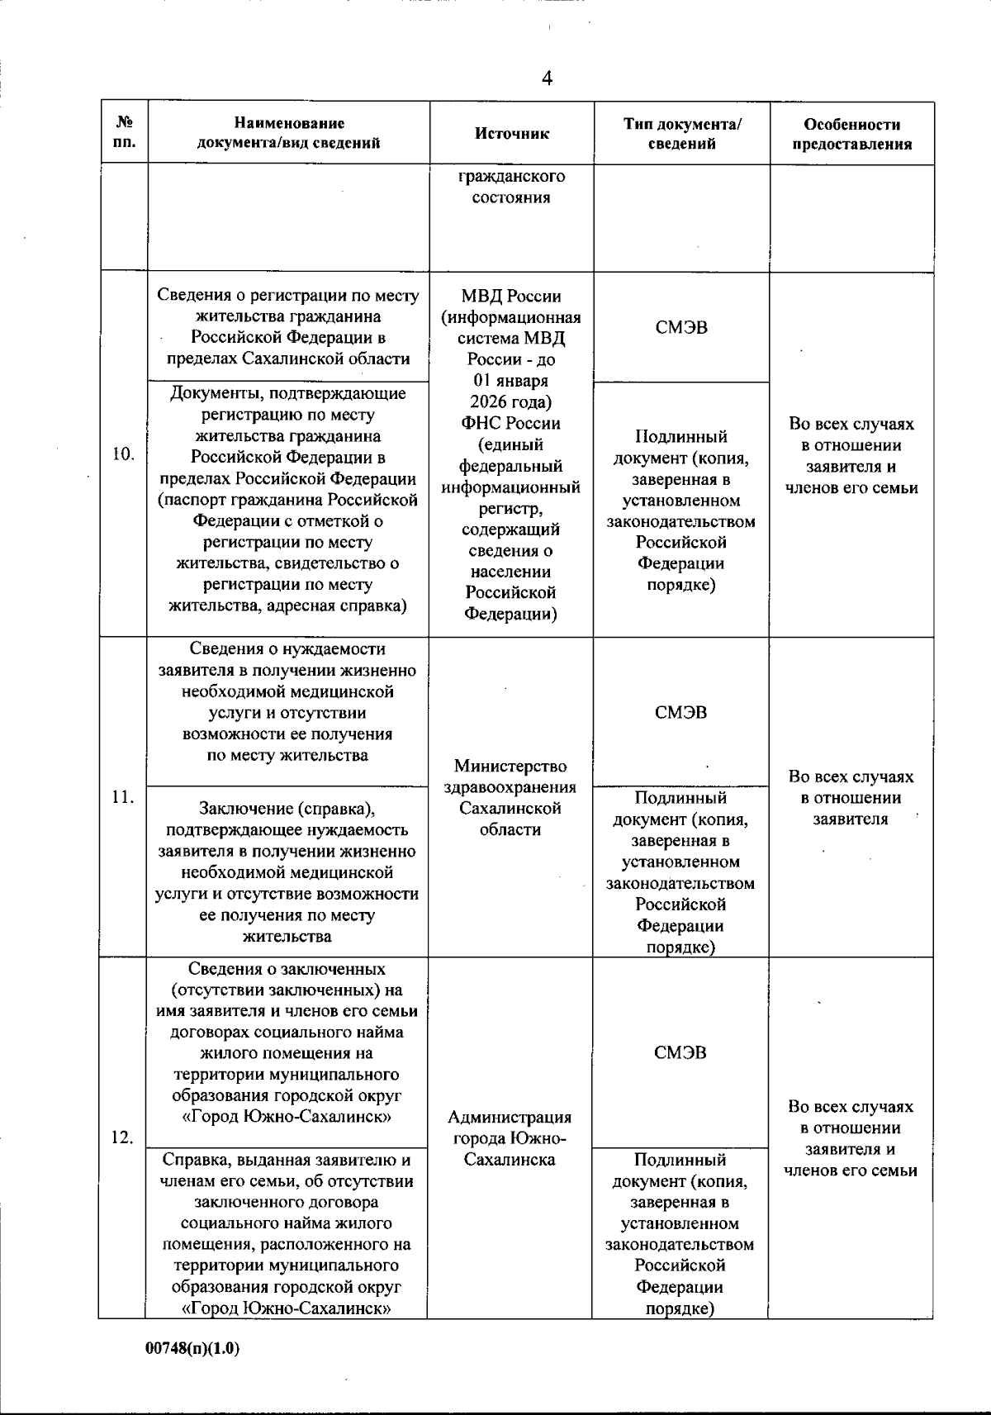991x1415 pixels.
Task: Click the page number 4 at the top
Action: tap(547, 78)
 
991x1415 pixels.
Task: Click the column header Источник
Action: tap(512, 134)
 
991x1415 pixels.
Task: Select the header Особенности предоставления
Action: tap(851, 134)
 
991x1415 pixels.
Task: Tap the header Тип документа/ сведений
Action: tap(682, 134)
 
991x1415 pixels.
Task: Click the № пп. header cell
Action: tap(124, 134)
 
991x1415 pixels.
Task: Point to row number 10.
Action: tap(123, 453)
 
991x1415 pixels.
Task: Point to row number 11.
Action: tap(123, 797)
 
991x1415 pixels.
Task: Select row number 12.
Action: tap(123, 1137)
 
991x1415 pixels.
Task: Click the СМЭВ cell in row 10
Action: tap(681, 327)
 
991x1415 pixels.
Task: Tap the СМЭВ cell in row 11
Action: tap(681, 712)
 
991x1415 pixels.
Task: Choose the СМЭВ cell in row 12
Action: tap(680, 1052)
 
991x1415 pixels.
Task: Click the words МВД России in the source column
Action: tap(511, 297)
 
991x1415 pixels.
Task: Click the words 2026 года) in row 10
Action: tap(511, 402)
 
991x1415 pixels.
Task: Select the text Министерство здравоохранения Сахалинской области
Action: tap(510, 798)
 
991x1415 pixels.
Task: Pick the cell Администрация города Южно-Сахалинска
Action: tap(510, 1137)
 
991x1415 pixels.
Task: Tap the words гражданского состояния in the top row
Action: tap(511, 187)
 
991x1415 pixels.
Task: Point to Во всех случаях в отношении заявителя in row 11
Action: tap(851, 798)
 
